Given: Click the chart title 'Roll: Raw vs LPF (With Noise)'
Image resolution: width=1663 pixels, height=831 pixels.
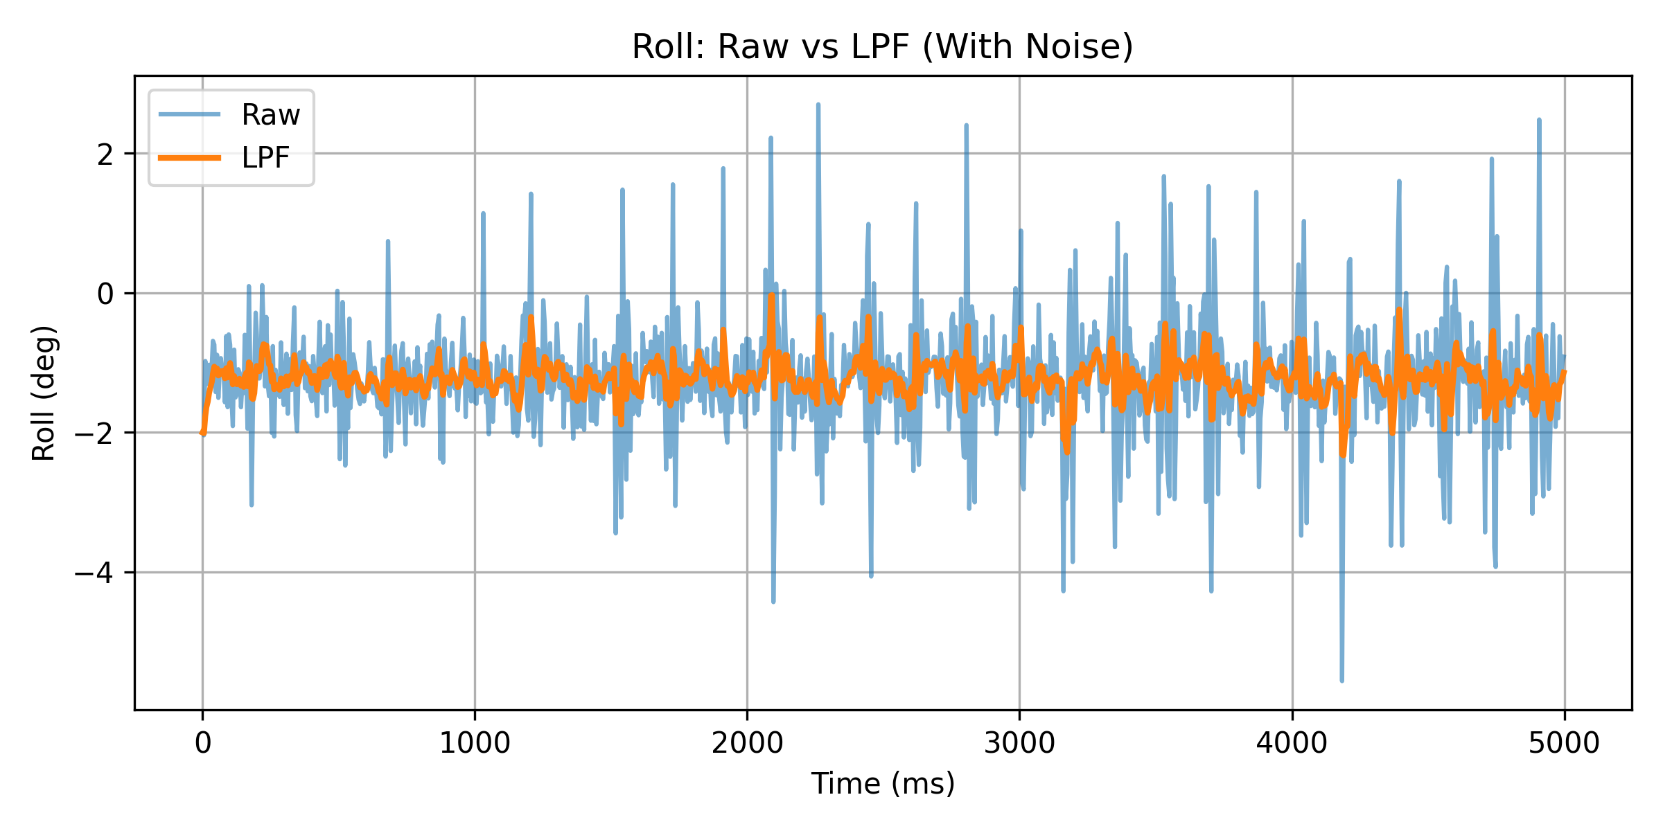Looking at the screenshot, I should point(882,47).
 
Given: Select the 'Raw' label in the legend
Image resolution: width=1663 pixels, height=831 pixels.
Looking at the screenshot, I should point(270,115).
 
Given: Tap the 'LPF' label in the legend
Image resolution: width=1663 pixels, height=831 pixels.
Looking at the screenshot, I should point(265,158).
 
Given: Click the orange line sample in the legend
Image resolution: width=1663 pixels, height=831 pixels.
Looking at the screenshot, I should point(189,158).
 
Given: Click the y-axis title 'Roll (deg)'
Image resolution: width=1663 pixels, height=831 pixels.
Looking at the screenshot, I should point(44,393).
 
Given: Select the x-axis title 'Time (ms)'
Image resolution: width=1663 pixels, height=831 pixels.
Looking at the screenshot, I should point(883,784).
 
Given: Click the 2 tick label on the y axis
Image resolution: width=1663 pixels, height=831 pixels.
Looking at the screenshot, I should point(105,154).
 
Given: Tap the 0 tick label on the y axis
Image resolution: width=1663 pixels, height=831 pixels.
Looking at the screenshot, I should point(105,294).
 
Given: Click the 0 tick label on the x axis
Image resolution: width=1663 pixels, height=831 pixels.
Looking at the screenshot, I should point(202,744).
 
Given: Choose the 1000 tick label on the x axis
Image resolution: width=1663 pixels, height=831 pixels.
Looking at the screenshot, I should point(475,744).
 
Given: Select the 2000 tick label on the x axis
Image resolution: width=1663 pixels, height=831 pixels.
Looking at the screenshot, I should point(747,744).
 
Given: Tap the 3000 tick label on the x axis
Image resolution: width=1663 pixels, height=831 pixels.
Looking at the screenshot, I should point(1019,744).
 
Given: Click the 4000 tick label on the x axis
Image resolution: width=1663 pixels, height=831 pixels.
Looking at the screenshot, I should point(1292,744).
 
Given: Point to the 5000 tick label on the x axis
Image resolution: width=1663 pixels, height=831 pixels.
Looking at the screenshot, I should point(1564,744).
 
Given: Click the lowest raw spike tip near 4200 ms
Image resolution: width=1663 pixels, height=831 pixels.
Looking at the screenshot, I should point(1341,681).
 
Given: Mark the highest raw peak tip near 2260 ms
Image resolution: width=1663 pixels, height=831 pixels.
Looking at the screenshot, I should point(818,105).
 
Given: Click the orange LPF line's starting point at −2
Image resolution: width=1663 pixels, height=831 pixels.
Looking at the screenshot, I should point(202,433).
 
